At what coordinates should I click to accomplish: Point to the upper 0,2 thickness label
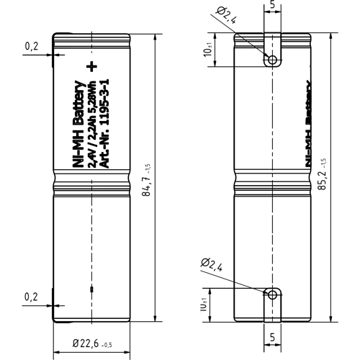point(32,47)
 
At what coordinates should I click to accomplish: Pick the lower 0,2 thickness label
point(32,296)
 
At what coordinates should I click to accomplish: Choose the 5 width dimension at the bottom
point(272,336)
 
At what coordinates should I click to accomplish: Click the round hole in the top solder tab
point(272,60)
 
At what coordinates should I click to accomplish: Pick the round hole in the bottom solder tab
point(272,294)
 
